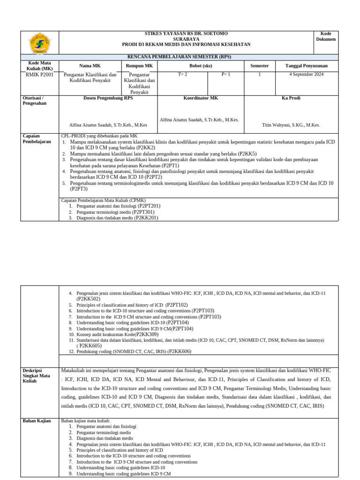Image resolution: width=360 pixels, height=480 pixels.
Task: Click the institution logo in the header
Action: point(40,43)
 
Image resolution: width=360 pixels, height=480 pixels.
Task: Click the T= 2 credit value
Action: point(182,74)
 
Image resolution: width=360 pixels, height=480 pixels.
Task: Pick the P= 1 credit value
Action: point(226,74)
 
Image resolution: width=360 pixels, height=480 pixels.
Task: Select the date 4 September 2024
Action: point(307,74)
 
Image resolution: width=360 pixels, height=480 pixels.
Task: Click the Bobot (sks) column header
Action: point(201,66)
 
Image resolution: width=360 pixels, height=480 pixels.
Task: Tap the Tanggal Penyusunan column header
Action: point(307,66)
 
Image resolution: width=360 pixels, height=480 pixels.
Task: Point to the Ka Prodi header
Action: point(291,98)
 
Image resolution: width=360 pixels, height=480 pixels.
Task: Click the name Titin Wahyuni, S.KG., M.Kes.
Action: point(291,125)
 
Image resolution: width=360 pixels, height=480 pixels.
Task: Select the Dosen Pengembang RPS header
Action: point(108,98)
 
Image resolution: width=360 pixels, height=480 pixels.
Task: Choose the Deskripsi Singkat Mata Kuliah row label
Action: point(37,375)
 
